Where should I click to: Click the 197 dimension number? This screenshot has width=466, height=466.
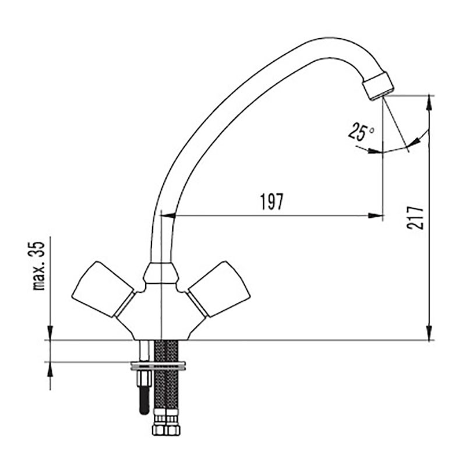(x=272, y=202)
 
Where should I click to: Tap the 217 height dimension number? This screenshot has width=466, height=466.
(x=415, y=217)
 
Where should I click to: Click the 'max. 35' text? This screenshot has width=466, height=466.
(x=39, y=266)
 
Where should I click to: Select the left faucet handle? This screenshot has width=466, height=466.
(x=103, y=289)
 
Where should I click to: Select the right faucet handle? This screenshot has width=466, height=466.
(x=220, y=289)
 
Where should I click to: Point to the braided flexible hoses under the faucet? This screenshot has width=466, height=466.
(x=166, y=383)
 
